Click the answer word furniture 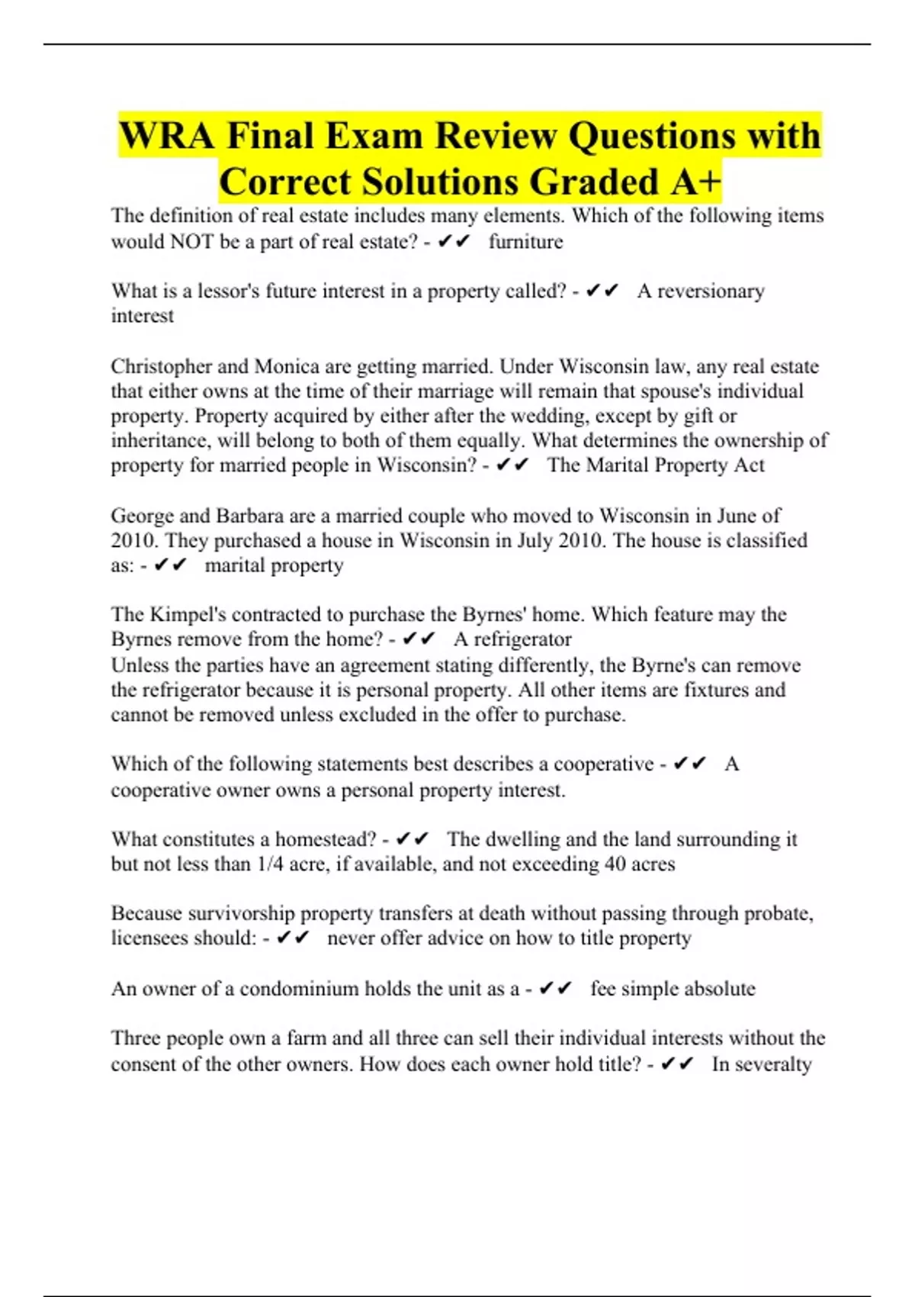click(525, 242)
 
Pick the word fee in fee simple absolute click(602, 989)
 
